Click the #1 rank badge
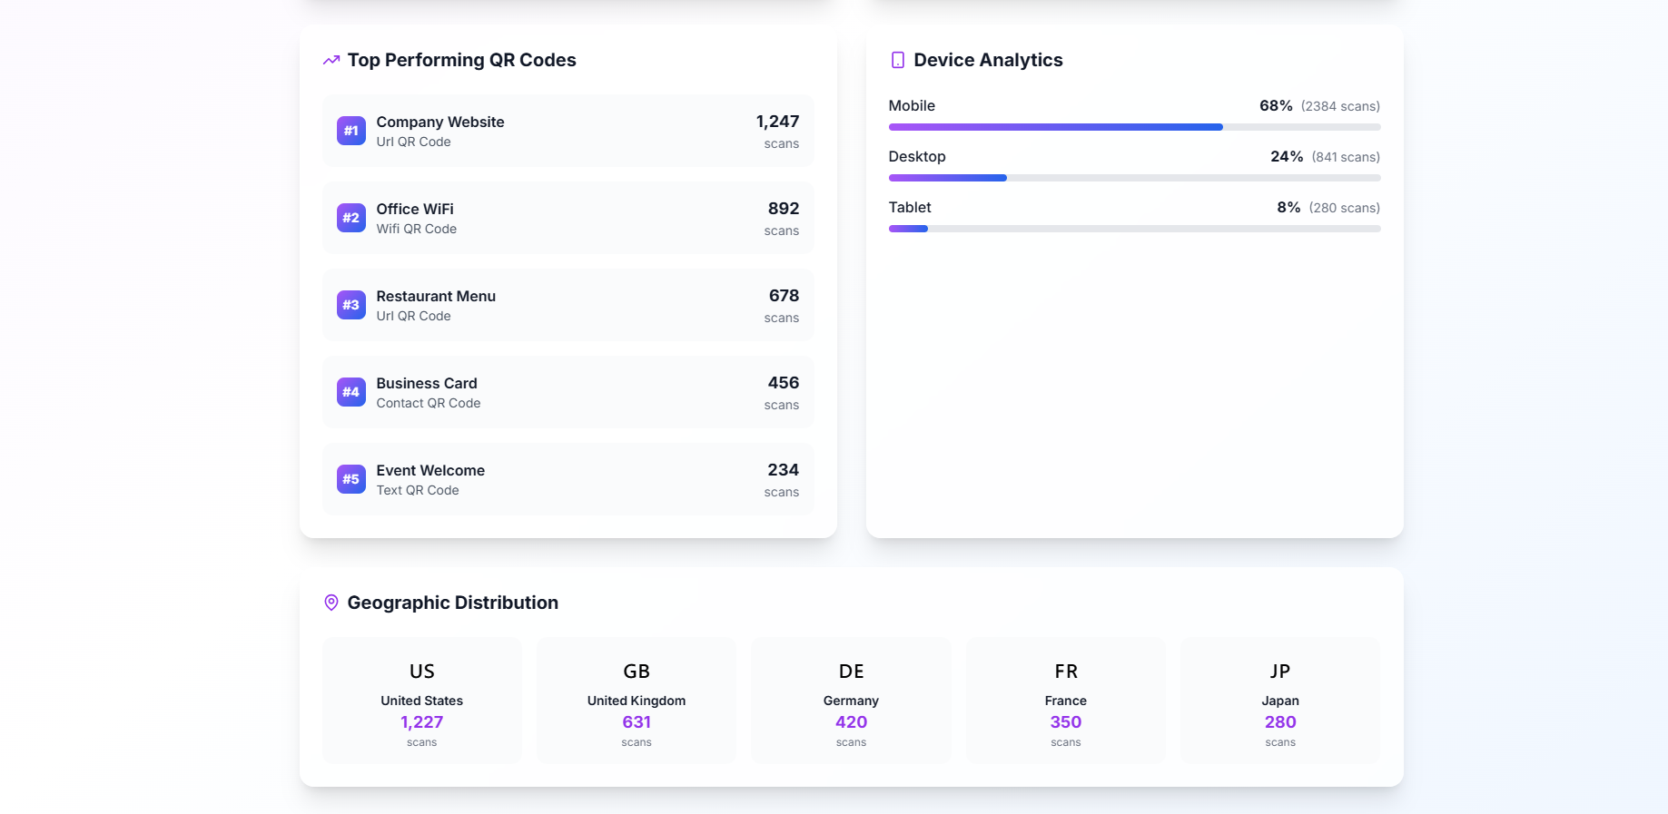pos(350,131)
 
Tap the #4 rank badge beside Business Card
pos(350,392)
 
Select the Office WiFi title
pos(415,209)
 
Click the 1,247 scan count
pos(777,122)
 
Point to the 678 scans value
pos(784,296)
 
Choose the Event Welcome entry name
pos(430,470)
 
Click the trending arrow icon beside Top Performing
pos(331,60)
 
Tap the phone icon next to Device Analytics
pos(897,60)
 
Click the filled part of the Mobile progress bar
pos(1055,127)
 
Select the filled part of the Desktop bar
pos(947,178)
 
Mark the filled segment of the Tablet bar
pos(908,229)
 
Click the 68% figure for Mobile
pos(1276,106)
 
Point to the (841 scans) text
pos(1346,157)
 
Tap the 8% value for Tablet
pos(1288,208)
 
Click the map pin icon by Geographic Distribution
pos(331,603)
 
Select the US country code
pos(422,672)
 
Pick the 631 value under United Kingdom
pos(637,722)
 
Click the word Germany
pos(851,701)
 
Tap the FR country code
pos(1066,672)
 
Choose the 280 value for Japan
pos(1280,722)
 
